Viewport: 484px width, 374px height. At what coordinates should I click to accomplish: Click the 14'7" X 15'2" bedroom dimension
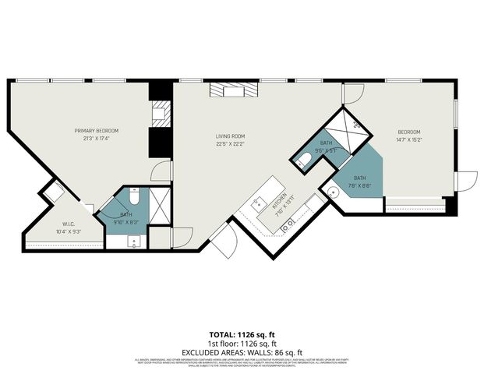tap(409, 140)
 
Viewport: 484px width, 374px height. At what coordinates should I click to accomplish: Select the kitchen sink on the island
tap(259, 204)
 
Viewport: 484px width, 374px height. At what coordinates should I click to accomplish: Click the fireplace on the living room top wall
tap(231, 90)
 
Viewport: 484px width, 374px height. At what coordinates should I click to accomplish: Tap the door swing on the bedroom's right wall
tap(466, 181)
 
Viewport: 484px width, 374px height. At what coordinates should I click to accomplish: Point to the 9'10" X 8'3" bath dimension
tap(126, 223)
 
